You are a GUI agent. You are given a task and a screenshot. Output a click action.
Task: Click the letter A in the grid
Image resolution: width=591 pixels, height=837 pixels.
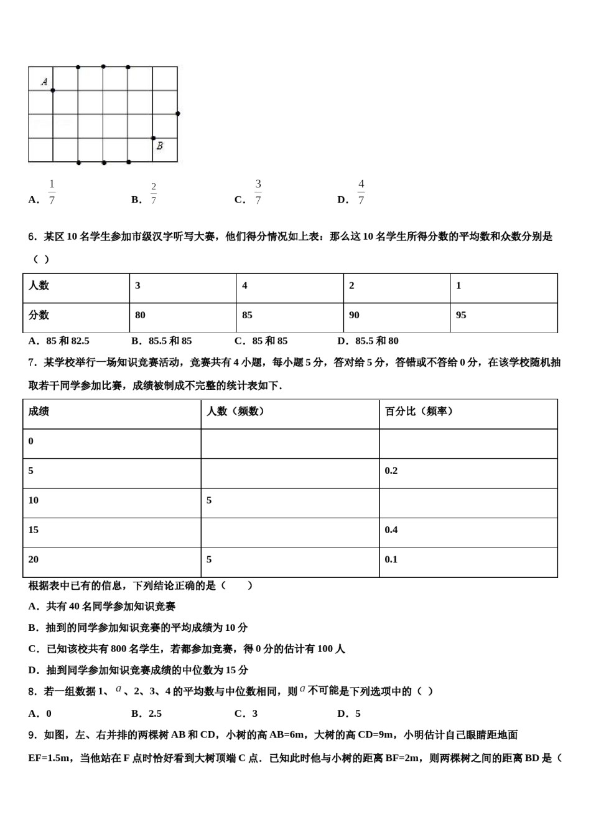tap(45, 81)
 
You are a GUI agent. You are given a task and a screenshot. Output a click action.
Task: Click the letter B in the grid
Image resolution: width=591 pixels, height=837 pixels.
tap(160, 146)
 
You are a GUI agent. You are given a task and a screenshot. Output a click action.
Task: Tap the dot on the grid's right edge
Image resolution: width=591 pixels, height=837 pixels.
tap(178, 113)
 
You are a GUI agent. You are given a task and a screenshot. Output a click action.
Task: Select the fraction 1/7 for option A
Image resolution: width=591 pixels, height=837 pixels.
tap(52, 192)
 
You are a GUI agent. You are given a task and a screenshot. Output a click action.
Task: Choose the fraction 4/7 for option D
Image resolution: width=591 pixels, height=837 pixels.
tap(361, 192)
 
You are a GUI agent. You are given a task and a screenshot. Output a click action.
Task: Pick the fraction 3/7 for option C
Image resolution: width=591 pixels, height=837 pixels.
tap(258, 192)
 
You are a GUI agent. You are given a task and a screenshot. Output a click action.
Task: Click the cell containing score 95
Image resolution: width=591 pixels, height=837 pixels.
tap(461, 315)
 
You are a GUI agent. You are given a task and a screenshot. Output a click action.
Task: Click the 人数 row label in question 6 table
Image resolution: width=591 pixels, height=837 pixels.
tap(39, 285)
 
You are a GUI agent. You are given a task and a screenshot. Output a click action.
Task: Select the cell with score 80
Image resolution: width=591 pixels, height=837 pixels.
tap(140, 315)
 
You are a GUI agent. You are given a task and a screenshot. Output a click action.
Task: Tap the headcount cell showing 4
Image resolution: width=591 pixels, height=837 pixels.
tap(244, 285)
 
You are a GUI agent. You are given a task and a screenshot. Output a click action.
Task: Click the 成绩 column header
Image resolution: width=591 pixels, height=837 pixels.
tap(39, 411)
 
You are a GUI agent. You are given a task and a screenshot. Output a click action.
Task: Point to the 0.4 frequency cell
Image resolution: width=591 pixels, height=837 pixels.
tap(391, 530)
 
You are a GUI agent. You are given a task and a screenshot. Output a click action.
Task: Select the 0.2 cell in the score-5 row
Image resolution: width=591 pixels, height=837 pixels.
tap(391, 471)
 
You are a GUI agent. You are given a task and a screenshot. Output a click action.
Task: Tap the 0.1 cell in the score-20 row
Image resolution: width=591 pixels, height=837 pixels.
tap(391, 559)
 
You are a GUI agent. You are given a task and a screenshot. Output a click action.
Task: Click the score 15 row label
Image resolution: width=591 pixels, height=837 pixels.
tap(33, 530)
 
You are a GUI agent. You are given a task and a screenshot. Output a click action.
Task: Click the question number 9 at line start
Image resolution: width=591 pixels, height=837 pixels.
tap(32, 735)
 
